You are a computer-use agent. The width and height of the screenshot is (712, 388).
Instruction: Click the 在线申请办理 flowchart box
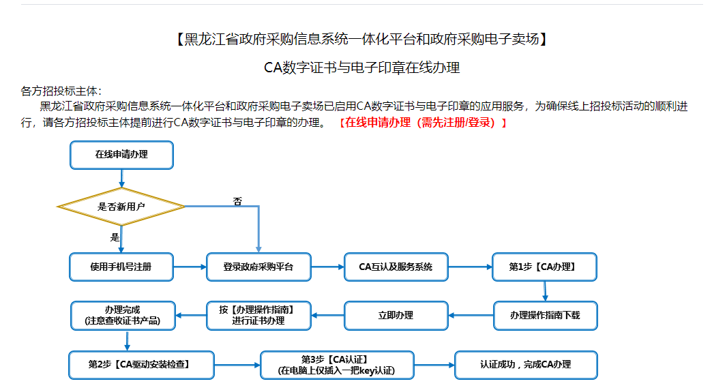(x=121, y=155)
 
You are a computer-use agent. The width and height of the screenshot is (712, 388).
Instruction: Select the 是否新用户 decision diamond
(x=121, y=206)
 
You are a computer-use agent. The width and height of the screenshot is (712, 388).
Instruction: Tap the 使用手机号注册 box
(x=121, y=267)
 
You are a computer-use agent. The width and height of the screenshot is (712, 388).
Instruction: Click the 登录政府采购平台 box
(x=258, y=267)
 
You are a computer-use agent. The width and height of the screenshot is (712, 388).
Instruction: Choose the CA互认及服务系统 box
(x=396, y=267)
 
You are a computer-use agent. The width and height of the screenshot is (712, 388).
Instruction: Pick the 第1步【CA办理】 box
(x=544, y=267)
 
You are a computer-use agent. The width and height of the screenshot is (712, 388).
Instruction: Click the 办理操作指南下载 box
(x=544, y=316)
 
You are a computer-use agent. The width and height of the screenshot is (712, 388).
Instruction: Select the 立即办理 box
(x=396, y=316)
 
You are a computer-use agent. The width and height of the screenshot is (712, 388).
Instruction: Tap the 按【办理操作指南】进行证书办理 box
(x=258, y=316)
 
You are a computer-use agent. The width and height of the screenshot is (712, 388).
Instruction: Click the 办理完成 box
(x=123, y=316)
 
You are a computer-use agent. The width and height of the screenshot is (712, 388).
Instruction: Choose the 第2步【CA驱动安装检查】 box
(x=141, y=365)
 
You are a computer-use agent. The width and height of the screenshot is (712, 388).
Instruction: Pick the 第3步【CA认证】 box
(x=337, y=365)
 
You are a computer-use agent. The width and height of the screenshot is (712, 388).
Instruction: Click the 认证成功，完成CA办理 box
(x=525, y=365)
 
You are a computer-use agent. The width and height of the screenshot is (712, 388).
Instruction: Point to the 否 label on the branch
(x=237, y=201)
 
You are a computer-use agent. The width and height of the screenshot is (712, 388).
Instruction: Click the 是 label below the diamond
(x=115, y=237)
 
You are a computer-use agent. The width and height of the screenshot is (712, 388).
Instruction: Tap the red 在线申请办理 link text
(x=423, y=123)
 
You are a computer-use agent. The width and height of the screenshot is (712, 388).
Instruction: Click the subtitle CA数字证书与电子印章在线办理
(x=361, y=68)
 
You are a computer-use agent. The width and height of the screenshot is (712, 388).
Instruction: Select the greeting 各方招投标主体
(x=61, y=91)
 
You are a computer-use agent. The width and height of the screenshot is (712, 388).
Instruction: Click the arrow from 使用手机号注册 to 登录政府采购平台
(x=190, y=267)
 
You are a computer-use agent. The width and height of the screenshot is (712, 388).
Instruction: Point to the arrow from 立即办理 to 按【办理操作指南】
(x=328, y=316)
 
